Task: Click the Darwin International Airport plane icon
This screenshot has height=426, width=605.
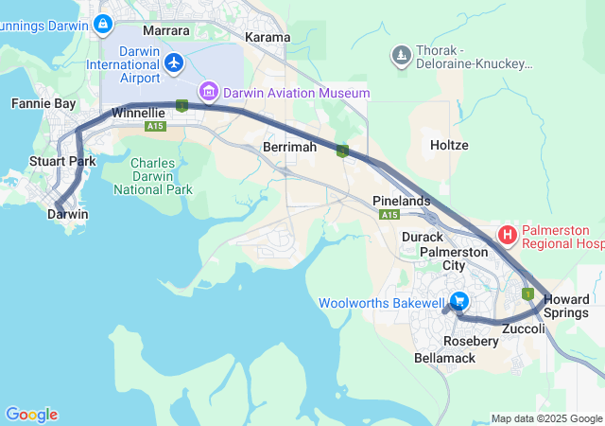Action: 174,62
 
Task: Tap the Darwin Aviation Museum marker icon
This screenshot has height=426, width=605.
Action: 208,93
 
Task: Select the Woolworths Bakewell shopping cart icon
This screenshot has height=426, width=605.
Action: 458,302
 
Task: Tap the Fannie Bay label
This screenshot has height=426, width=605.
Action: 37,102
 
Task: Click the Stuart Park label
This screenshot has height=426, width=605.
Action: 62,161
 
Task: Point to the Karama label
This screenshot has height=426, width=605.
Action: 267,37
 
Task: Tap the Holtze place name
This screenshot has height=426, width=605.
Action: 449,146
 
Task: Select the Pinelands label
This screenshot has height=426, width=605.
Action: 401,201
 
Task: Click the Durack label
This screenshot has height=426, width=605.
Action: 422,237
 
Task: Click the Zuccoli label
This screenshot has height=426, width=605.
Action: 524,329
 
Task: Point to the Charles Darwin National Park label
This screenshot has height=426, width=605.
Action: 152,176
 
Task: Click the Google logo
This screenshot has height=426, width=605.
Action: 31,415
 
